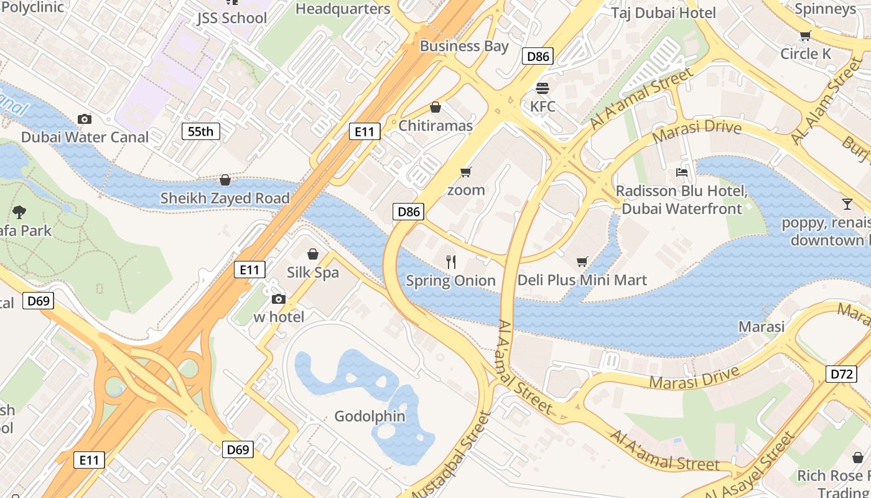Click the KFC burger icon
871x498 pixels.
point(543,88)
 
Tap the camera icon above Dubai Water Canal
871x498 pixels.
point(85,119)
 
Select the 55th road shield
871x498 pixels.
point(200,131)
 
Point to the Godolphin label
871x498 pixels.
point(370,416)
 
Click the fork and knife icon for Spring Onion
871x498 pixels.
point(451,262)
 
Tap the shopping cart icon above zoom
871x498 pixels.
point(465,172)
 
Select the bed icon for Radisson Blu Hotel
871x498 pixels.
point(682,172)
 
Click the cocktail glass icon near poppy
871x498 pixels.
point(847,204)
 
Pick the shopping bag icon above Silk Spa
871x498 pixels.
point(313,254)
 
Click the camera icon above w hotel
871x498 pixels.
point(279,299)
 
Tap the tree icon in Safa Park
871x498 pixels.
point(19,212)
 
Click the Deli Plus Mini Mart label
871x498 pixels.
point(582,280)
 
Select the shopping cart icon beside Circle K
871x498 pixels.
point(805,35)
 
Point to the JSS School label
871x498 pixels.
point(232,17)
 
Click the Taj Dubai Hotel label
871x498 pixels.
point(663,12)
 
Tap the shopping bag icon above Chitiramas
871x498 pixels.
point(435,108)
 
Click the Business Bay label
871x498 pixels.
point(464,46)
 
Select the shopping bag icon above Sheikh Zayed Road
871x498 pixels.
point(225,180)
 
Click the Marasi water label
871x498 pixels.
point(761,327)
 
